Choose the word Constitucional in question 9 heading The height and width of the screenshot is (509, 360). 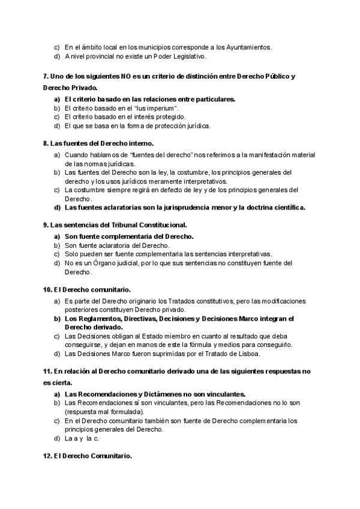(x=151, y=225)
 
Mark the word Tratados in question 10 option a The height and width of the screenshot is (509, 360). (x=191, y=301)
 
